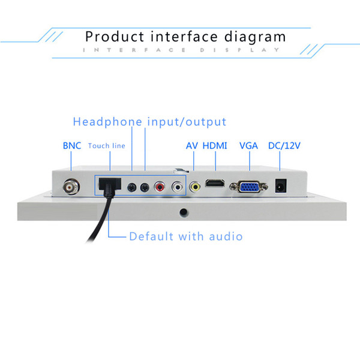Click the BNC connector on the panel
[71, 187]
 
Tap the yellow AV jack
[195, 187]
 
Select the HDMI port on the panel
[215, 183]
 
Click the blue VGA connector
[248, 187]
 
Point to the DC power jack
[281, 186]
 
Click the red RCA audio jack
[160, 187]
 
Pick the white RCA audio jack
[177, 187]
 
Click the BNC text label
[72, 146]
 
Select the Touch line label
[107, 146]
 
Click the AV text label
[192, 146]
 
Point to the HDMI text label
[215, 146]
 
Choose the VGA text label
[248, 146]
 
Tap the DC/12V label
[284, 146]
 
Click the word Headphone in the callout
[107, 122]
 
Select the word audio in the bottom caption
[226, 236]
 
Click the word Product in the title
[115, 37]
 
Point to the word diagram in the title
[255, 37]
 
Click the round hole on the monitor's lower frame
[184, 212]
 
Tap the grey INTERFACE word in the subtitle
[134, 50]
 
